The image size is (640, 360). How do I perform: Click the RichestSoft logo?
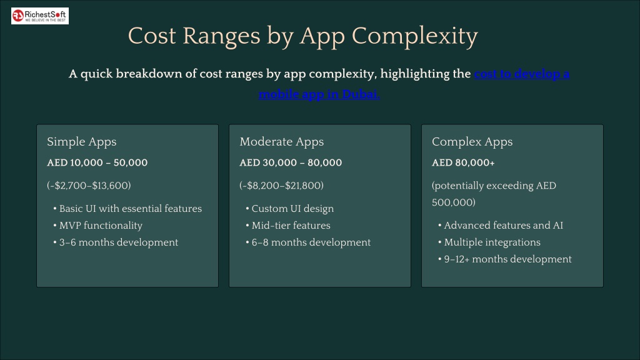click(x=40, y=16)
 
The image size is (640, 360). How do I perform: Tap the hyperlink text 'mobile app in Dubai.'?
click(x=319, y=94)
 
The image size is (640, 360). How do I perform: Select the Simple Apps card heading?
click(x=82, y=142)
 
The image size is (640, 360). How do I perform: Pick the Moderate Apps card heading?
click(x=282, y=142)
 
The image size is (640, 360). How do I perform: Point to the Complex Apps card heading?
click(x=472, y=142)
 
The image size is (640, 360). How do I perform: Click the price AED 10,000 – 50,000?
click(x=97, y=162)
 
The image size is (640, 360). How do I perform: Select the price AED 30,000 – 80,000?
click(x=291, y=162)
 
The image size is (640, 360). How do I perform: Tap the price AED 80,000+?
click(x=463, y=162)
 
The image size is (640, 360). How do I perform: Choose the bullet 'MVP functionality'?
click(x=101, y=226)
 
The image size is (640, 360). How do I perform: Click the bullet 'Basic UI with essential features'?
click(x=131, y=209)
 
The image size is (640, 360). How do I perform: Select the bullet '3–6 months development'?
click(x=119, y=242)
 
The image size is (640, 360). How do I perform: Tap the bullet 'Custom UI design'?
click(x=292, y=209)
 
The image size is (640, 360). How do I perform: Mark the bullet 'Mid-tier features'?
click(x=291, y=225)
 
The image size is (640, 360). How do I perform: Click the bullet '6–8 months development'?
click(x=311, y=242)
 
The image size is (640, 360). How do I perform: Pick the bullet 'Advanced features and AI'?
click(x=504, y=225)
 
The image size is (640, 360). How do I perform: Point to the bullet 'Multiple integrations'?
click(x=492, y=242)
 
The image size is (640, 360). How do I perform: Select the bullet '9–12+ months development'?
click(x=507, y=259)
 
